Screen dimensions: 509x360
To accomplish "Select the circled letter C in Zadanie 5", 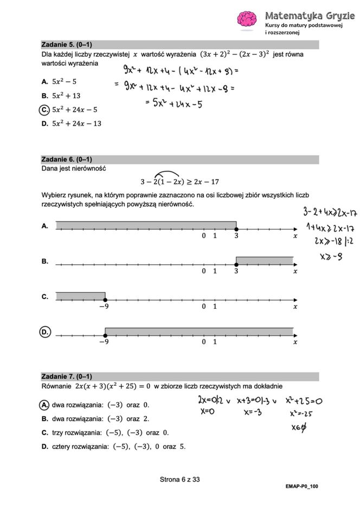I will click(x=45, y=110).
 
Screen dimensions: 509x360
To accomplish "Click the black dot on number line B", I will click(x=236, y=264).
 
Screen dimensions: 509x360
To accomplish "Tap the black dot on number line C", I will click(x=105, y=300).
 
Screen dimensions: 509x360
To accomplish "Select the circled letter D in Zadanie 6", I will click(x=46, y=332).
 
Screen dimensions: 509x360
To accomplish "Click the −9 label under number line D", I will click(x=104, y=342).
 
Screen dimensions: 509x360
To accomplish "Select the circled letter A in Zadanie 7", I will click(x=45, y=405).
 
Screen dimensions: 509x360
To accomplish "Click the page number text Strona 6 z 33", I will click(x=179, y=479).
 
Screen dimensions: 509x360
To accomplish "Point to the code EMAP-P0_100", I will click(x=301, y=486).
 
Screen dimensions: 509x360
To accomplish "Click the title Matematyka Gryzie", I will click(x=310, y=16).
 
